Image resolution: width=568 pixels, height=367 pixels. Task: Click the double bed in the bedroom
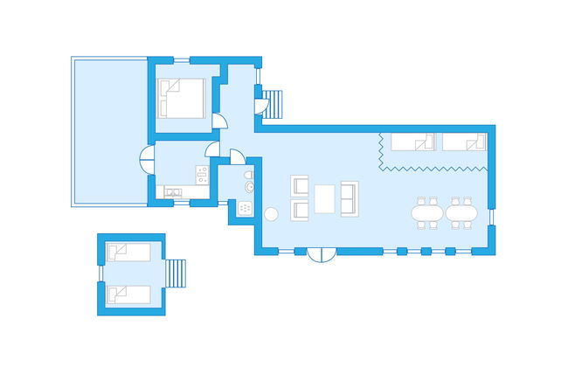(x=183, y=98)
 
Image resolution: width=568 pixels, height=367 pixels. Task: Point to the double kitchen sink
(x=172, y=191)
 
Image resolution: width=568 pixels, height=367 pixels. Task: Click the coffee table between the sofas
(x=325, y=198)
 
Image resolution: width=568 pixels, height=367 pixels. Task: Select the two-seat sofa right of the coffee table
(x=349, y=198)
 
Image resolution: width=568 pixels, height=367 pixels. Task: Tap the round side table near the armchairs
(x=270, y=212)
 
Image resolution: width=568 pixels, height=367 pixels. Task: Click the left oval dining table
(x=427, y=212)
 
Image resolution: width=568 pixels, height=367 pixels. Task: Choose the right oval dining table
(x=461, y=212)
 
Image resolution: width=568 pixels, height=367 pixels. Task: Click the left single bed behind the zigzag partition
(x=412, y=142)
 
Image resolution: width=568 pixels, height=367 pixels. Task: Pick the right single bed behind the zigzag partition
(x=463, y=142)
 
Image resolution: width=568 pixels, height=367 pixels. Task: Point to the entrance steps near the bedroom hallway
(x=274, y=105)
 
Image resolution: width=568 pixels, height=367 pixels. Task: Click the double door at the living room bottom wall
(x=322, y=254)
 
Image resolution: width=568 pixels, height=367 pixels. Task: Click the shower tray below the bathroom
(x=244, y=209)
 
